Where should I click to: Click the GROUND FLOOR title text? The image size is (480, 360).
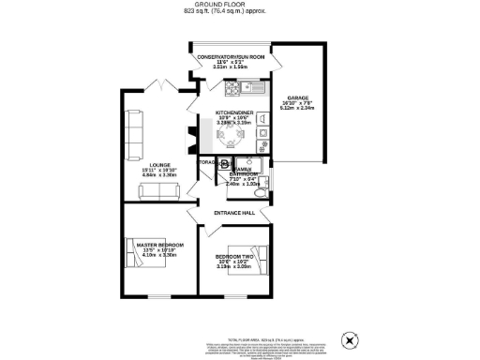pos(239,5)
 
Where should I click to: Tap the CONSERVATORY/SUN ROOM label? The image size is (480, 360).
pos(231,58)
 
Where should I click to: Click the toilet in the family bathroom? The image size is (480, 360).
pos(263,195)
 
